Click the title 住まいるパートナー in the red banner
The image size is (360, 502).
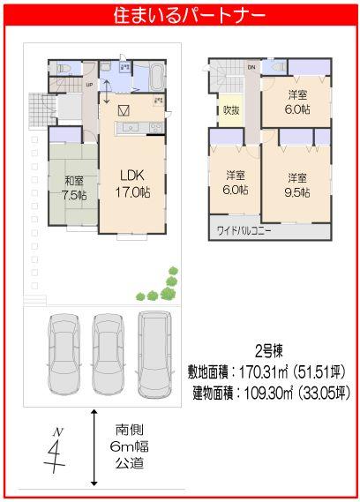point(180,15)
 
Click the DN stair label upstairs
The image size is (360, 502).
point(251,67)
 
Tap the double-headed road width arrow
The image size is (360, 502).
point(94,447)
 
